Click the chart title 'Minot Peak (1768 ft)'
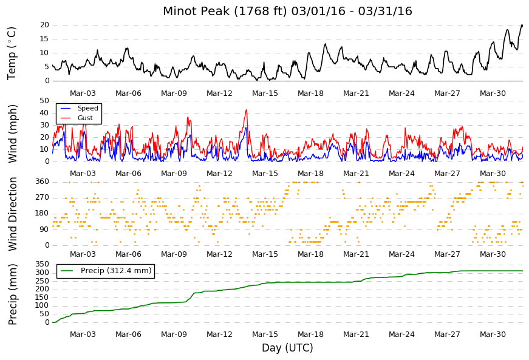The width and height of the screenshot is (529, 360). pos(225,11)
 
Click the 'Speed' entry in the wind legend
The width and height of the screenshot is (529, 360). pos(87,108)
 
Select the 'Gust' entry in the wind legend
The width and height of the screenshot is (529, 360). pos(85,118)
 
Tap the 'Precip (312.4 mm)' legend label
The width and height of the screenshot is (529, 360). pos(116,271)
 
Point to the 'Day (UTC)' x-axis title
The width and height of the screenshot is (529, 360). pos(287,347)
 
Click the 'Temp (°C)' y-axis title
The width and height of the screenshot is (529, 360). pos(12,53)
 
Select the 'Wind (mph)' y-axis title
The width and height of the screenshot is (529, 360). pos(12,134)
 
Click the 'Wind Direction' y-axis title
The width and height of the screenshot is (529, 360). pos(12,214)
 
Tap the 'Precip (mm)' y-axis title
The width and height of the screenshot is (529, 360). pos(12,294)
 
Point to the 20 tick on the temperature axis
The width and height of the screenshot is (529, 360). pos(44,25)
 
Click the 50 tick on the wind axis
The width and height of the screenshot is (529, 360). pos(44,101)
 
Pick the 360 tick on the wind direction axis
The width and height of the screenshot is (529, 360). pos(43,182)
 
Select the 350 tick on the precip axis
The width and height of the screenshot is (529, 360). pos(43,264)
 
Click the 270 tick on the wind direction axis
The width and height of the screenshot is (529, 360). pos(43,197)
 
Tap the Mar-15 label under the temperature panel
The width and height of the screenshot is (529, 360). pos(265,93)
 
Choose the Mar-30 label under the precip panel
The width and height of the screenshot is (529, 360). pos(493,335)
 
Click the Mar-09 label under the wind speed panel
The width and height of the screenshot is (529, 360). pos(174,174)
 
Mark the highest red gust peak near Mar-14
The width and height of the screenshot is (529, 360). pos(247,110)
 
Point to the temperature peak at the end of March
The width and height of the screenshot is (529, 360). pos(522,25)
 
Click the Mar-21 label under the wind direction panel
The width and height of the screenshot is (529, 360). pos(357,254)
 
